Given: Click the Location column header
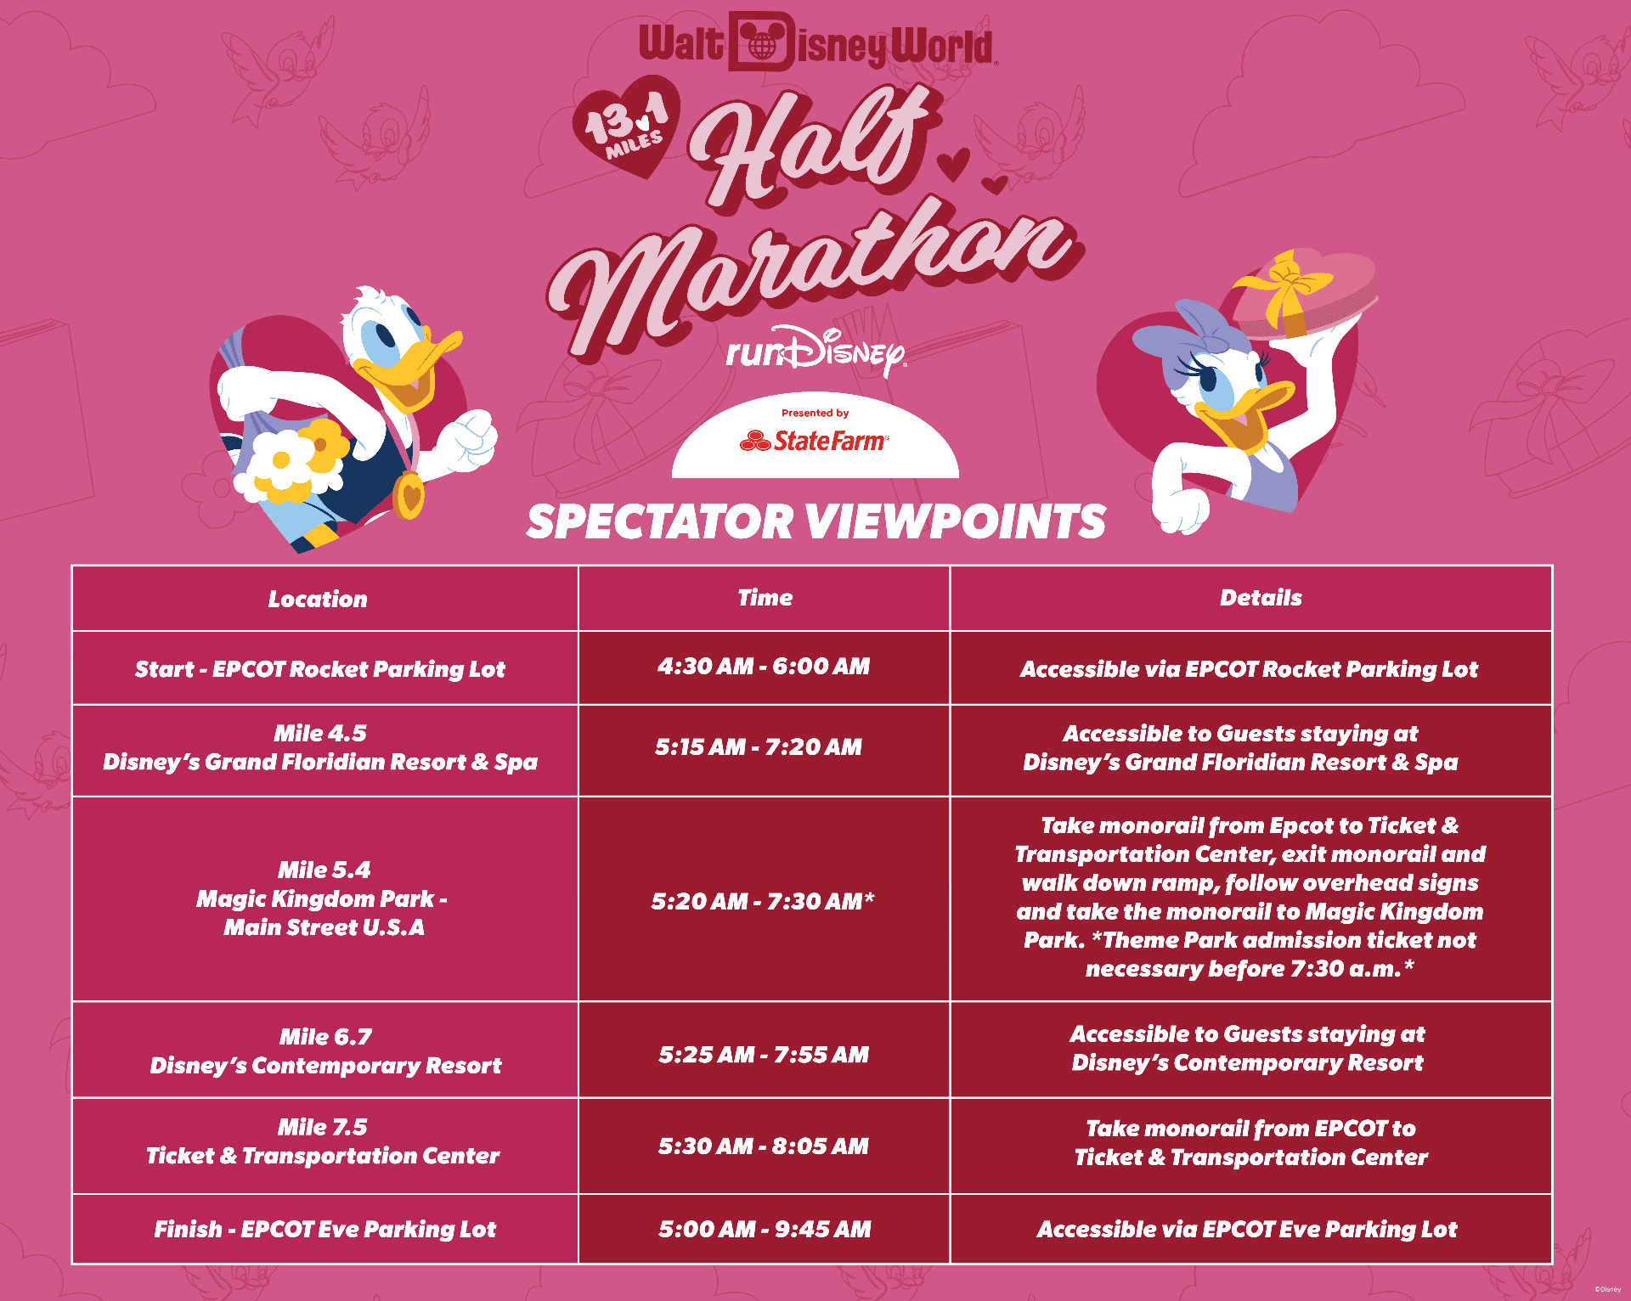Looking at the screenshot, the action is point(318,599).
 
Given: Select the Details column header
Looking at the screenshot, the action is point(1261,598).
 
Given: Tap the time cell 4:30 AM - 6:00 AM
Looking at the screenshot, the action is point(764,667).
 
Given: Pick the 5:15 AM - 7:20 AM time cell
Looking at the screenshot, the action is point(759,747).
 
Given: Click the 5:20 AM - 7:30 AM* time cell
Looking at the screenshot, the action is point(763,901).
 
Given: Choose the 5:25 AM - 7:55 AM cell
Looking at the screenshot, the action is point(764,1055).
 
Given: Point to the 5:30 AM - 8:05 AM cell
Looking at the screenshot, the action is point(764,1146).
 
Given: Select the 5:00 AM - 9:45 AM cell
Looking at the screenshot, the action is point(765,1229).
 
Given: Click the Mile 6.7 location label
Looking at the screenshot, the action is point(326,1037).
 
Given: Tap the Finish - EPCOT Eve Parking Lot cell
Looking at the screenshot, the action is point(325,1230).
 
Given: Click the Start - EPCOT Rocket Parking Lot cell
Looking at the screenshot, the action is point(320,669).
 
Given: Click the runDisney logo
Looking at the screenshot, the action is point(816,350).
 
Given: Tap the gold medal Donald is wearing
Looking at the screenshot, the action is point(409,495).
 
